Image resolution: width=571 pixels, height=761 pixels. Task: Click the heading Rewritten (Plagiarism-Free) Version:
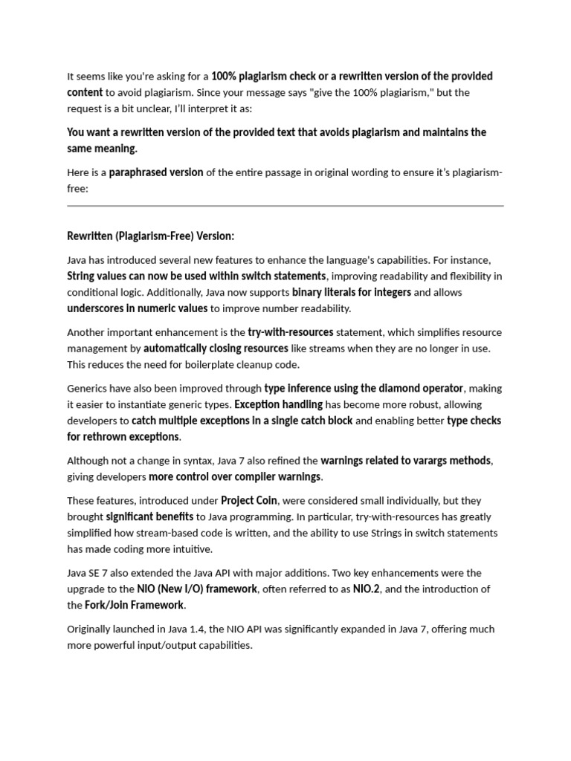pos(150,236)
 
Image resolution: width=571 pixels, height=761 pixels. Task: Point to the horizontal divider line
pos(285,206)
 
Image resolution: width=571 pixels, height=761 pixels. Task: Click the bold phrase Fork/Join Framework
pos(135,605)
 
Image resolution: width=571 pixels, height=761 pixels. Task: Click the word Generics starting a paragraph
pos(88,388)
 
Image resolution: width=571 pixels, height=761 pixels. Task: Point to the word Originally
pos(92,629)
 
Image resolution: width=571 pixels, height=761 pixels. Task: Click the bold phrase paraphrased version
pos(156,172)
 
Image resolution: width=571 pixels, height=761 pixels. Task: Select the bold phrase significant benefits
pos(149,516)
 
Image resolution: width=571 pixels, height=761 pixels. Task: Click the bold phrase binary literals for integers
pos(351,292)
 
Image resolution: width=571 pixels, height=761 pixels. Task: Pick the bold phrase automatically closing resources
pos(216,348)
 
